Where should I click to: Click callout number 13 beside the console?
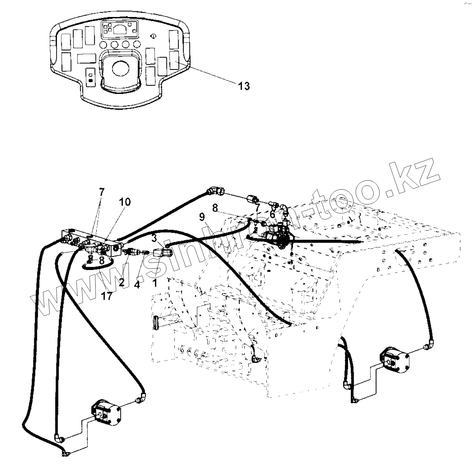[244, 86]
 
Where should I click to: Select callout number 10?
[125, 202]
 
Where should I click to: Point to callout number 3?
[154, 238]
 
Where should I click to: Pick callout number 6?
[272, 214]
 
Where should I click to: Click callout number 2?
[121, 282]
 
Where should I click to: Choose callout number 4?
[137, 284]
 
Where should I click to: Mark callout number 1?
[154, 283]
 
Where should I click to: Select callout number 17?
[107, 296]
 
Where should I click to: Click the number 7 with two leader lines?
[102, 192]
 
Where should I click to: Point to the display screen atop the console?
[119, 30]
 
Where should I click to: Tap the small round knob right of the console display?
[153, 36]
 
